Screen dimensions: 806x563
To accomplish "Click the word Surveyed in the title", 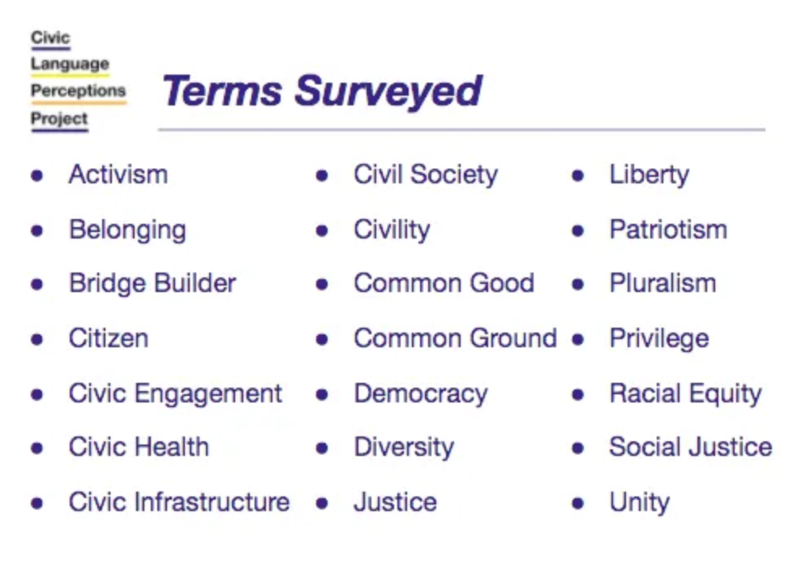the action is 388,92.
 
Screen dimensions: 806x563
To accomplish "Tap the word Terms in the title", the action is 222,91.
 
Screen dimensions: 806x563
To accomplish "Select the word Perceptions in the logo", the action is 78,91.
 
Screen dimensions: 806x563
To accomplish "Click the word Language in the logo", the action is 70,64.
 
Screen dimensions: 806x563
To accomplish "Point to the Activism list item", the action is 118,174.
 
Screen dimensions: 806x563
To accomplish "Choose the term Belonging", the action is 127,230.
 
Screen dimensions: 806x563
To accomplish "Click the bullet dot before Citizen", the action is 37,339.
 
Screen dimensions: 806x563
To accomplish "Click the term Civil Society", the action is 426,174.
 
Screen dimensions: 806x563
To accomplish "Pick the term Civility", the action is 392,230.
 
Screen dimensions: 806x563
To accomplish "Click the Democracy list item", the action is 421,394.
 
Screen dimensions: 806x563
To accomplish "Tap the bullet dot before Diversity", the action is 322,449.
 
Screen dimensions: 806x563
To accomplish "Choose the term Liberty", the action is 650,174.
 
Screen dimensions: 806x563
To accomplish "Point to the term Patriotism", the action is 668,230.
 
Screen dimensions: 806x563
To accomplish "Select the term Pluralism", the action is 662,283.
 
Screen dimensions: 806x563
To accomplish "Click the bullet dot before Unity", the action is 578,503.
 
